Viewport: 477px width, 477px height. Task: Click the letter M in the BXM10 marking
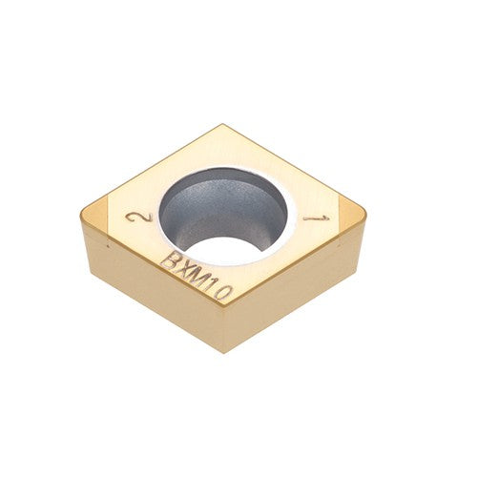tap(200, 277)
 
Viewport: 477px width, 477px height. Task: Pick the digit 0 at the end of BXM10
tap(225, 292)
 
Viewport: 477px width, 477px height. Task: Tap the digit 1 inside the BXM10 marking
tap(214, 285)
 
